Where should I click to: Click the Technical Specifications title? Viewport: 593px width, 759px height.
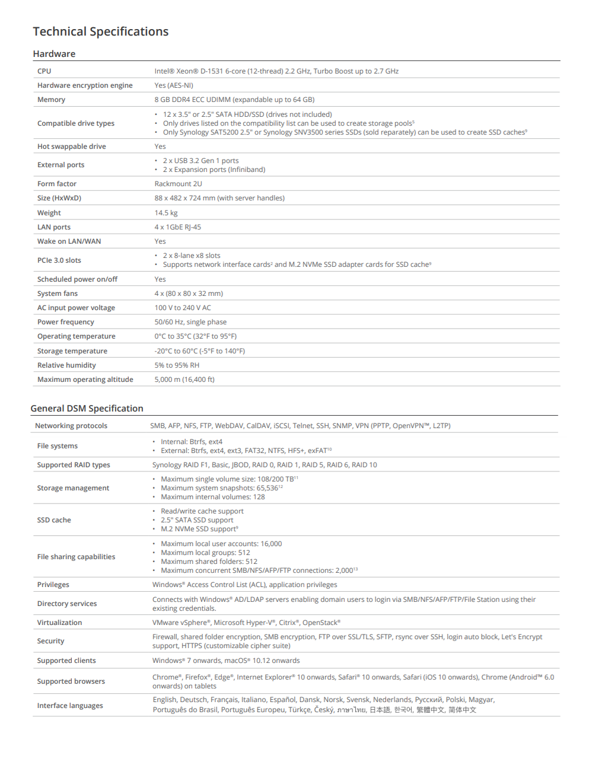[x=101, y=32]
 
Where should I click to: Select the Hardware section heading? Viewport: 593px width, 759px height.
[x=54, y=54]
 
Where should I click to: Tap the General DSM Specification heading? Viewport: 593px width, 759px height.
[x=87, y=409]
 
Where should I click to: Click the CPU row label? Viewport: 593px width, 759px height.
[x=44, y=71]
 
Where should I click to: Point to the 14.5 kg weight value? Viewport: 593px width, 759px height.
[x=166, y=213]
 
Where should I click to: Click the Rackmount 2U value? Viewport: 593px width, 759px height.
[x=178, y=184]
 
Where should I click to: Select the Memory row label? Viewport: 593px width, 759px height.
[x=52, y=100]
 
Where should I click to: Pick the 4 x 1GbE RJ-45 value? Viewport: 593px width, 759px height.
[x=178, y=227]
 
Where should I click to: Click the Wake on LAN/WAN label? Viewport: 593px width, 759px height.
[x=69, y=241]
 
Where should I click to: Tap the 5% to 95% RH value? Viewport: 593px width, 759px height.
[x=177, y=365]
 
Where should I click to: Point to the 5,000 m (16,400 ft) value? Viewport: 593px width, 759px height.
[x=184, y=379]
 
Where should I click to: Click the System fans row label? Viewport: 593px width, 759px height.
[x=58, y=294]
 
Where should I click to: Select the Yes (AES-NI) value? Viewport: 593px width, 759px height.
[x=174, y=85]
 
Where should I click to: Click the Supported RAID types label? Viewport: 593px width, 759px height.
[x=74, y=465]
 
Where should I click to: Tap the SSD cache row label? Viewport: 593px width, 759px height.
[x=54, y=520]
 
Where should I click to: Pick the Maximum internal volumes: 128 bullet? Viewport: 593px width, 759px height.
[x=213, y=497]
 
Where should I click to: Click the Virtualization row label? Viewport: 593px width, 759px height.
[x=60, y=623]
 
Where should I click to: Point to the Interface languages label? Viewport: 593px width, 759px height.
[x=70, y=706]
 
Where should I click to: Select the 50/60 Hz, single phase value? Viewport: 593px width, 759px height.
[x=190, y=322]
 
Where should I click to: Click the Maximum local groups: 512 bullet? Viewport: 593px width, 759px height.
[x=205, y=553]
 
